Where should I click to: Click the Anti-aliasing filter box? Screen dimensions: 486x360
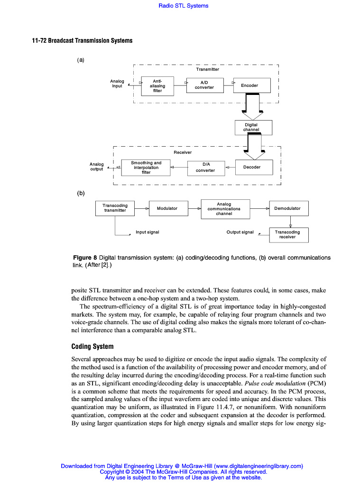(157, 86)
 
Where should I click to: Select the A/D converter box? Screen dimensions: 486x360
(204, 85)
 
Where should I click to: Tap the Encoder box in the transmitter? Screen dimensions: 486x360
(252, 85)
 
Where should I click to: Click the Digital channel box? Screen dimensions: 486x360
(253, 127)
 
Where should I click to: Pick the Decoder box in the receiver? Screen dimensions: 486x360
(254, 167)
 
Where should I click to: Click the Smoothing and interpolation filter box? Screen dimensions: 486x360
(146, 168)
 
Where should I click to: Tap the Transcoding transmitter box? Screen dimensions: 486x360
(115, 208)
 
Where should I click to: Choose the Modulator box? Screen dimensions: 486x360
(167, 208)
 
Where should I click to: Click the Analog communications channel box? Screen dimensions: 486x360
(225, 209)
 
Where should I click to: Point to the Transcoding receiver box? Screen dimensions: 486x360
(288, 234)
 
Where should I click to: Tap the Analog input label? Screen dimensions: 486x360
(117, 84)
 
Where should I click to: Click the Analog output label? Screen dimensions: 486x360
(97, 167)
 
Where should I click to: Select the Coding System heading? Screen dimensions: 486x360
(92, 346)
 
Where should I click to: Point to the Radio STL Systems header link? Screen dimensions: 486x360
(184, 6)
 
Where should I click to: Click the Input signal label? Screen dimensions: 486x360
(148, 232)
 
